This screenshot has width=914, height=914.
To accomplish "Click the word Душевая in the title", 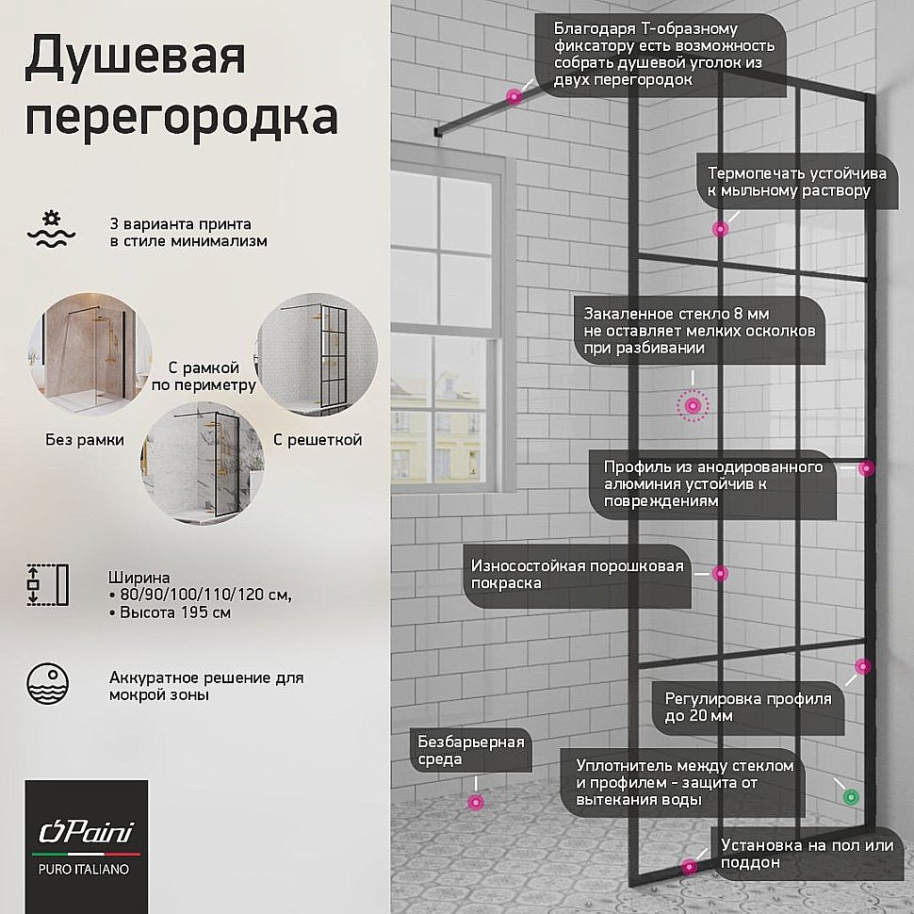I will coord(135,59).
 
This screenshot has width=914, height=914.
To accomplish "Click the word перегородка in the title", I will coord(181,119).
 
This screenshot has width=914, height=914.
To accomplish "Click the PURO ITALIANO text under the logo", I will coord(86,869).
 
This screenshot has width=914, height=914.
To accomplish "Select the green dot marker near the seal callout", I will coord(851,797).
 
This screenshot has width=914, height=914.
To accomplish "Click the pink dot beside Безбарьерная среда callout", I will coord(476,802).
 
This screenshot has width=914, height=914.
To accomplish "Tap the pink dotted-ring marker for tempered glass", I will coord(694,405).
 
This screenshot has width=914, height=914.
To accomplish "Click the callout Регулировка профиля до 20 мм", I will coord(748,707).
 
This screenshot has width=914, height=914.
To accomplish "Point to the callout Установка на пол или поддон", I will coord(806,854).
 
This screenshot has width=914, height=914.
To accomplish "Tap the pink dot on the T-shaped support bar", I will coord(514,96).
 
